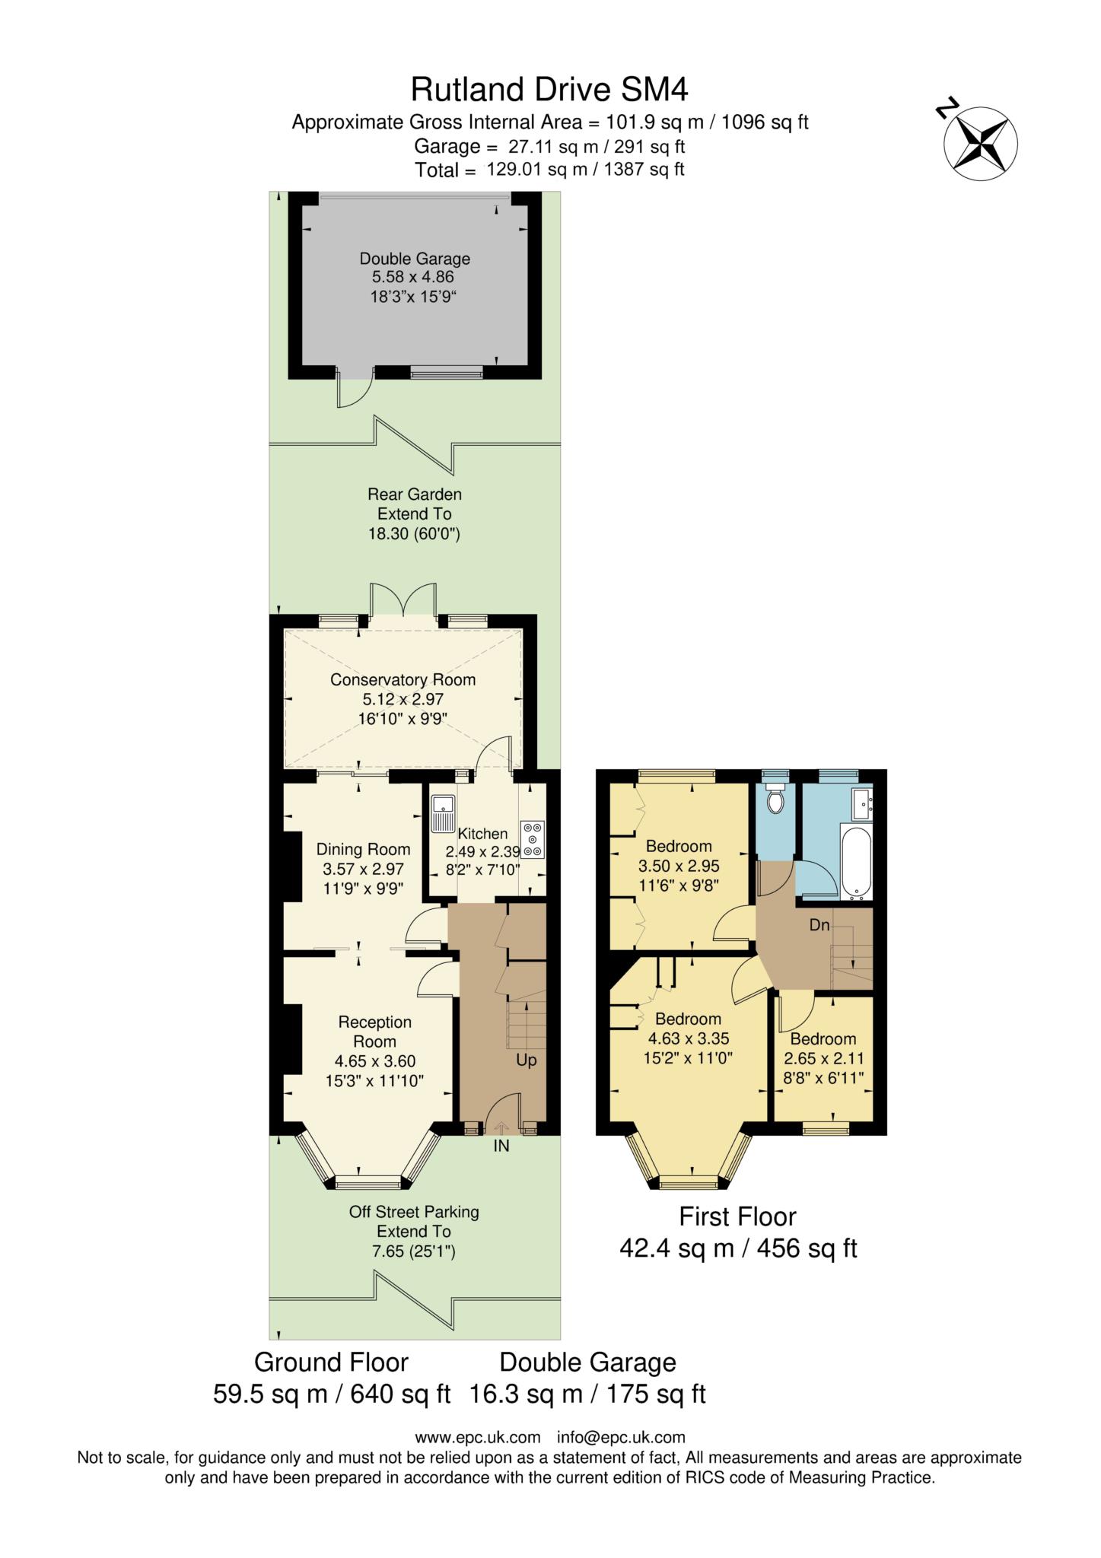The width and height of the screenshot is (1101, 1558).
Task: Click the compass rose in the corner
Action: pyautogui.click(x=980, y=144)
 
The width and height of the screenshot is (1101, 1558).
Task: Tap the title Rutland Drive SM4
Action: pyautogui.click(x=549, y=90)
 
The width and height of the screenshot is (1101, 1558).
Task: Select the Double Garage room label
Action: pyautogui.click(x=415, y=259)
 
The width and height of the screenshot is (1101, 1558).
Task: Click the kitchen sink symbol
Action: pyautogui.click(x=441, y=812)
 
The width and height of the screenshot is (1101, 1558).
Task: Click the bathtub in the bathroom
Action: pyautogui.click(x=857, y=860)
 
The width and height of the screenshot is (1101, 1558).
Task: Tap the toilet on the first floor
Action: pyautogui.click(x=775, y=799)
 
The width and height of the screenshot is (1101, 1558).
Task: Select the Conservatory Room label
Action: pyautogui.click(x=403, y=679)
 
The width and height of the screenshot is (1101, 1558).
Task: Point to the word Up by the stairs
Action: pyautogui.click(x=527, y=1060)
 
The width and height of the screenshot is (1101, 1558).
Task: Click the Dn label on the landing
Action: pyautogui.click(x=819, y=926)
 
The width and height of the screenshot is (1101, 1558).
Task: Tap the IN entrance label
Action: pyautogui.click(x=501, y=1146)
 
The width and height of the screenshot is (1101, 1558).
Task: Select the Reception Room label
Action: pyautogui.click(x=375, y=1032)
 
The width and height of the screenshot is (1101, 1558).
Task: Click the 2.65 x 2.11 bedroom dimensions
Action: pyautogui.click(x=823, y=1058)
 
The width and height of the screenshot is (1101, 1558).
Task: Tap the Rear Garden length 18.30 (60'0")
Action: pyautogui.click(x=414, y=534)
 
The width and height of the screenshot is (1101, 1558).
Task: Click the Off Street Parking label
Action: pyautogui.click(x=414, y=1212)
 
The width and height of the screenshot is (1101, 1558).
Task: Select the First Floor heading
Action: pyautogui.click(x=737, y=1216)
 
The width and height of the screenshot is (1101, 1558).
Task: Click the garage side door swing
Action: pyautogui.click(x=354, y=391)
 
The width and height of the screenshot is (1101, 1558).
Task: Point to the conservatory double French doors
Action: pyautogui.click(x=403, y=601)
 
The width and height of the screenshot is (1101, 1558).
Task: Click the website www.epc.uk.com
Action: pyautogui.click(x=477, y=1437)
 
